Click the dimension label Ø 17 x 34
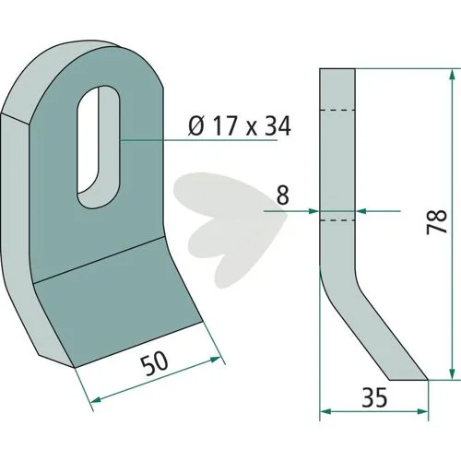point(240,126)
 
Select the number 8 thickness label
point(283,195)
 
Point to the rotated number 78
point(437,222)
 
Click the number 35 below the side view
point(374,397)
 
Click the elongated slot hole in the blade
point(99,148)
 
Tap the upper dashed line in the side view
point(337,110)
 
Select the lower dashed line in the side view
point(337,220)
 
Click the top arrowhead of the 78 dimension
point(452,75)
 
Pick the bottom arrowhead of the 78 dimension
point(452,374)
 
